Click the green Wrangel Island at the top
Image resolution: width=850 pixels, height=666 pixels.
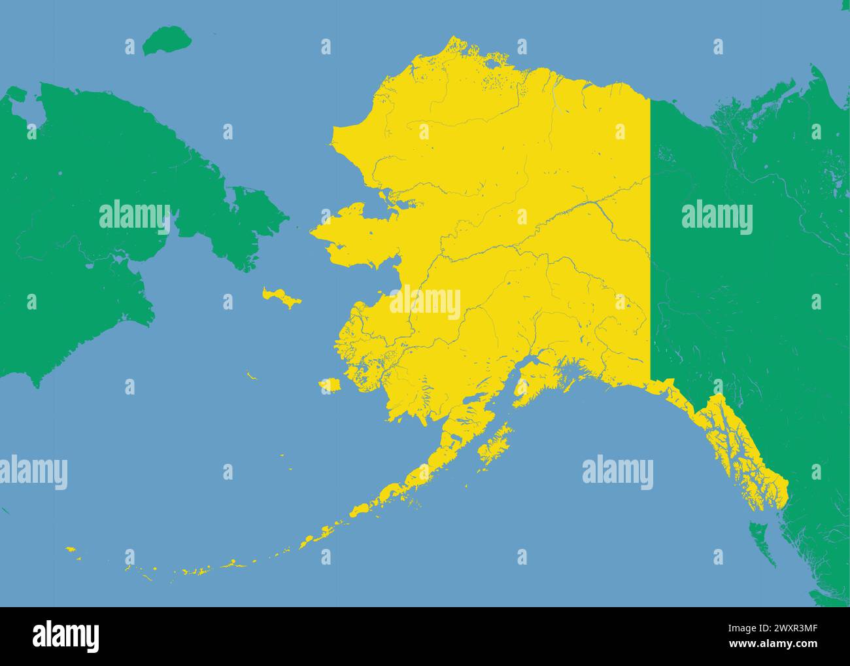click(167, 41)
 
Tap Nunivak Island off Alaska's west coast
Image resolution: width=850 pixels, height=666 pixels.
click(331, 385)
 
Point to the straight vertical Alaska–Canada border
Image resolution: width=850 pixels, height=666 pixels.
click(651, 236)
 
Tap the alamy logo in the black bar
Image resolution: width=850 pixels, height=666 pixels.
click(66, 635)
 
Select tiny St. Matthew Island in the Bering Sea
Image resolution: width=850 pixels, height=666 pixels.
click(251, 376)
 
